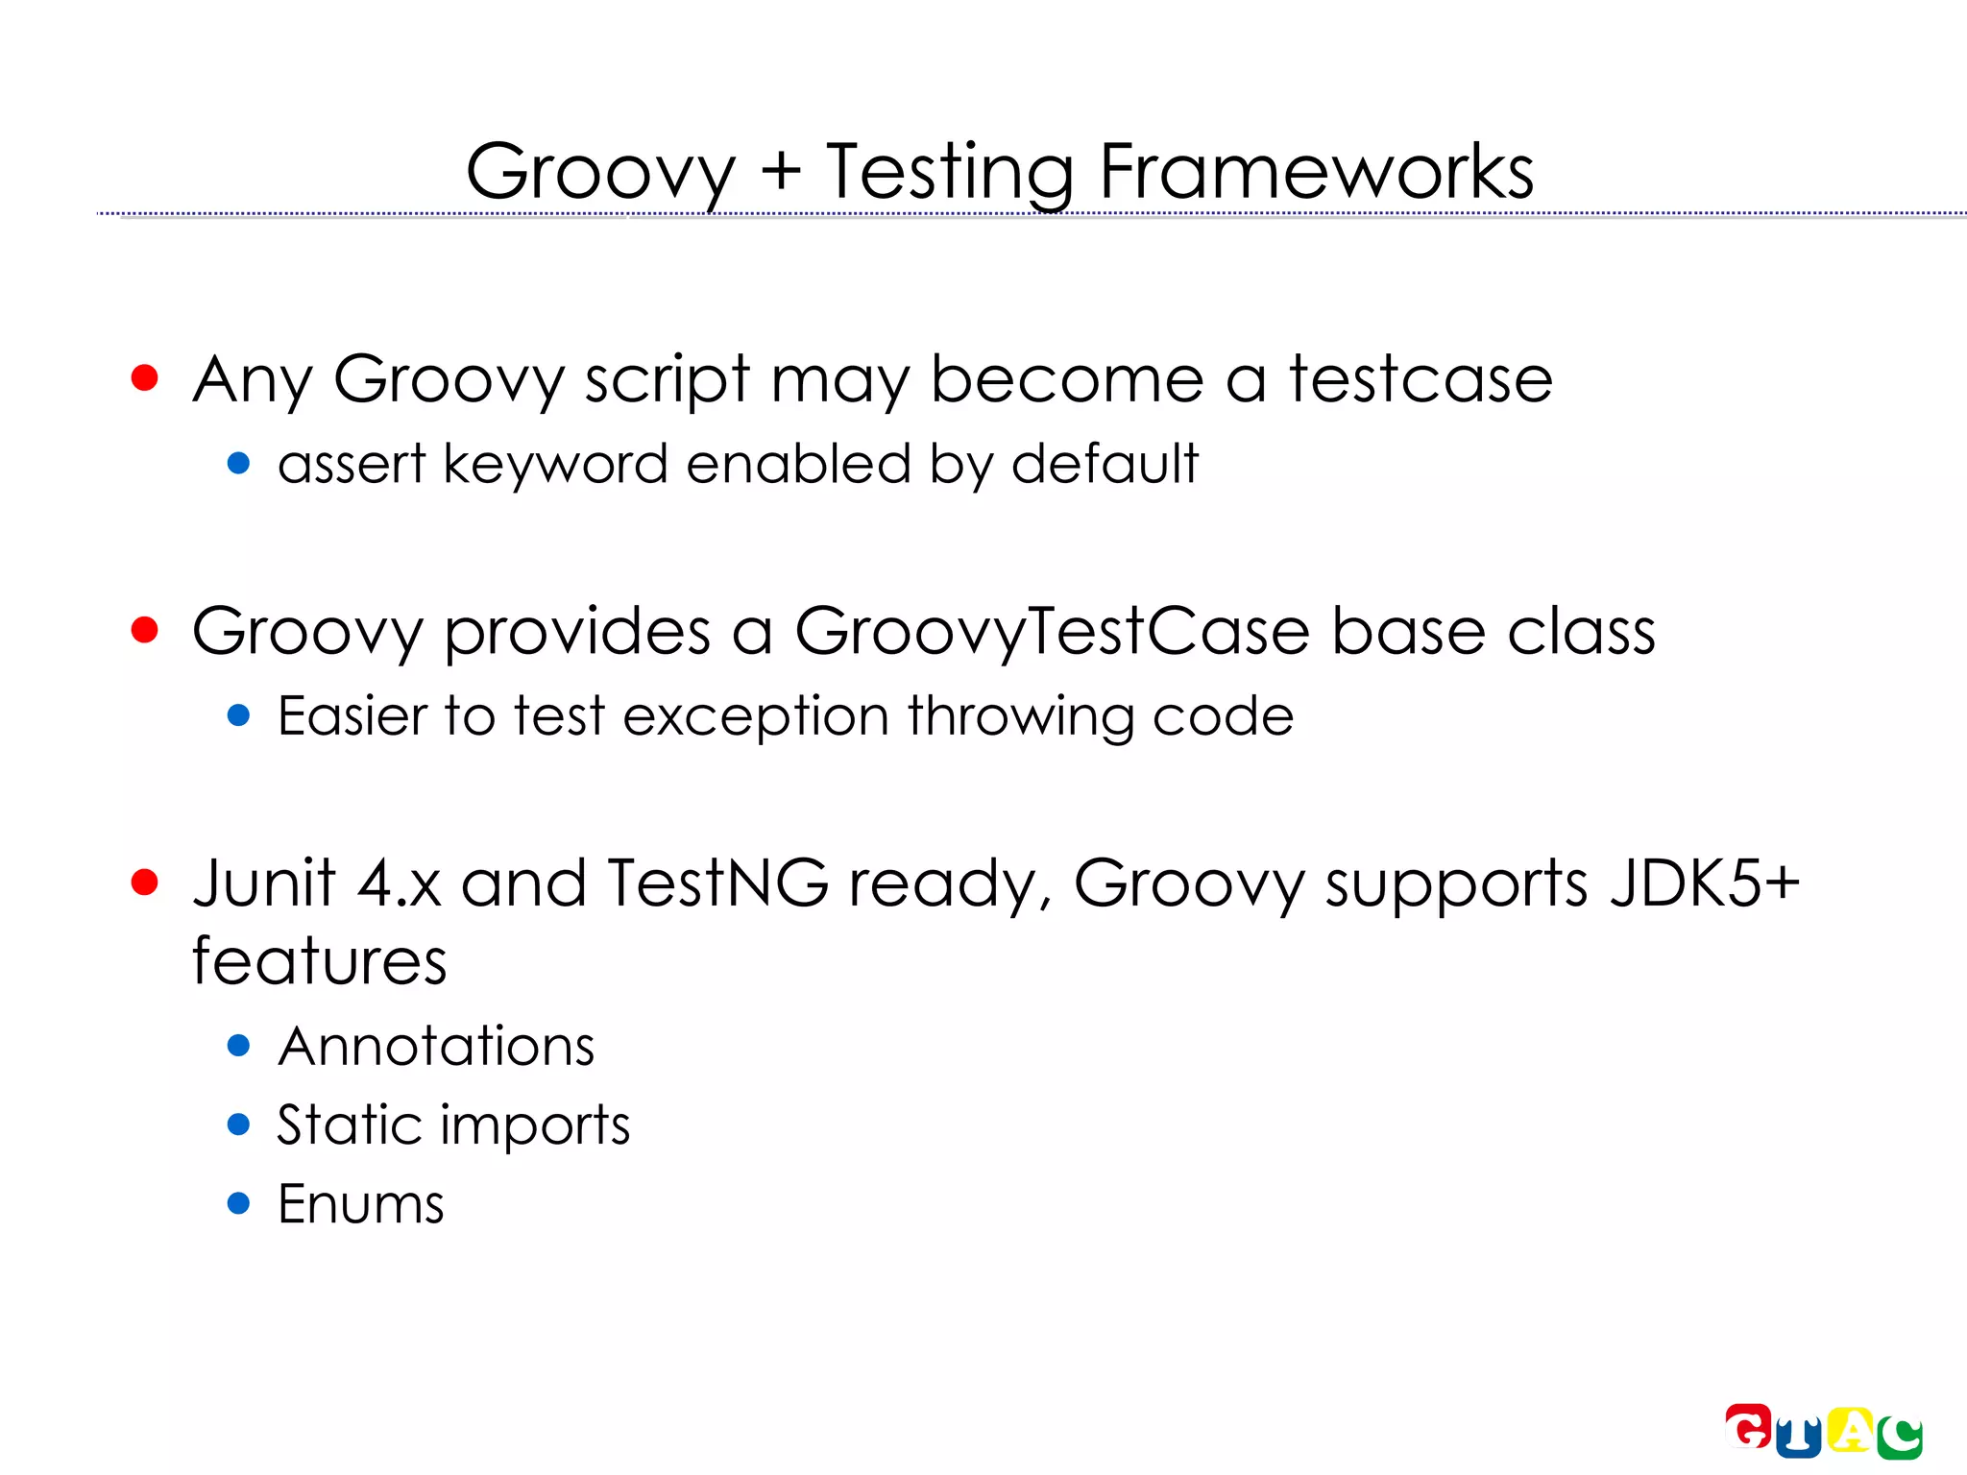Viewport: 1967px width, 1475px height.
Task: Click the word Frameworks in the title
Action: [x=1316, y=173]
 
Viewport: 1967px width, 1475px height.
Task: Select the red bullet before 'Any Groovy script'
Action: [x=144, y=377]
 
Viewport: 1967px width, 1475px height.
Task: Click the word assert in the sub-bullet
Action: [x=351, y=465]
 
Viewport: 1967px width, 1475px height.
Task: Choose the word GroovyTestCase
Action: [x=1052, y=633]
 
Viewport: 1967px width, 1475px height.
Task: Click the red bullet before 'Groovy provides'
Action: [x=144, y=630]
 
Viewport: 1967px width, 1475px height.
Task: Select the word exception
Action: [x=756, y=717]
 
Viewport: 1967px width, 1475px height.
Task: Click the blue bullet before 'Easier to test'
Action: [x=239, y=715]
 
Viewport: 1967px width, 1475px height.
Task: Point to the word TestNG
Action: [x=716, y=883]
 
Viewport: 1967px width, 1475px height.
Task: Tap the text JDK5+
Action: [x=1704, y=883]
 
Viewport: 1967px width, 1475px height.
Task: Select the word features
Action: [x=319, y=961]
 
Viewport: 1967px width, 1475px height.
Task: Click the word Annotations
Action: [x=436, y=1047]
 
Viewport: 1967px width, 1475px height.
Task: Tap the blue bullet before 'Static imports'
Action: [x=239, y=1124]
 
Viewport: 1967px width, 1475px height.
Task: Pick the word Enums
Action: [x=360, y=1204]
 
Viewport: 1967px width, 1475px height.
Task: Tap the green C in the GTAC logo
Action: [x=1900, y=1438]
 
